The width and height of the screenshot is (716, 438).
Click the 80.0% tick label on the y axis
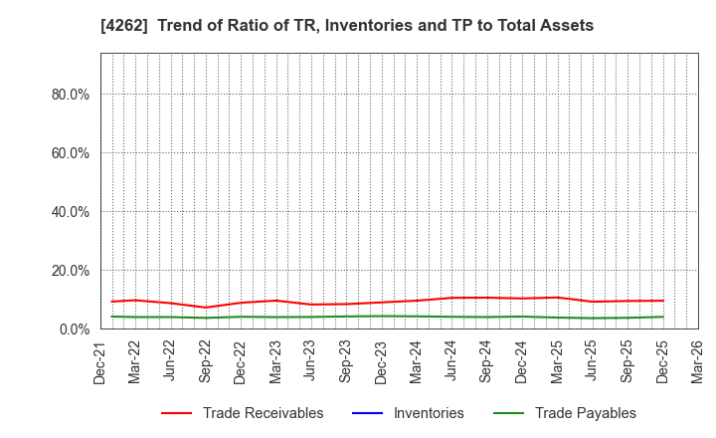coord(69,95)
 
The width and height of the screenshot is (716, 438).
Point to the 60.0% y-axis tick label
coord(69,153)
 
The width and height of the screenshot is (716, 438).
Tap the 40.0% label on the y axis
coord(69,212)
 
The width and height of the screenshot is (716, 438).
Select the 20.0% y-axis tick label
coord(69,271)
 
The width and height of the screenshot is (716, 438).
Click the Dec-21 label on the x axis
coord(99,361)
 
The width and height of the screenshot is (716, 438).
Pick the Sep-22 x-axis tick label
coord(205,361)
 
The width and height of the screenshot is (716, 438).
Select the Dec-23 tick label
coord(381,361)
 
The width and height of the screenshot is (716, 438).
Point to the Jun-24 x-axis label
coord(451,361)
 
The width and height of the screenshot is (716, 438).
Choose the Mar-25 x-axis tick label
coord(557,361)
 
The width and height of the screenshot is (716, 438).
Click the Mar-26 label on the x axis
coord(698,361)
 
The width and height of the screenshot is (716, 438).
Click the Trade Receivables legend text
coord(263,413)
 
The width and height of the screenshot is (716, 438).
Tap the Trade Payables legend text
coord(585,413)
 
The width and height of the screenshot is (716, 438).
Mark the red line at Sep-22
coord(205,308)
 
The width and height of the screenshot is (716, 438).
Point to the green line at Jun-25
coord(593,319)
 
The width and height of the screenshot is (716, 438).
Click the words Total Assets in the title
coord(549,26)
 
